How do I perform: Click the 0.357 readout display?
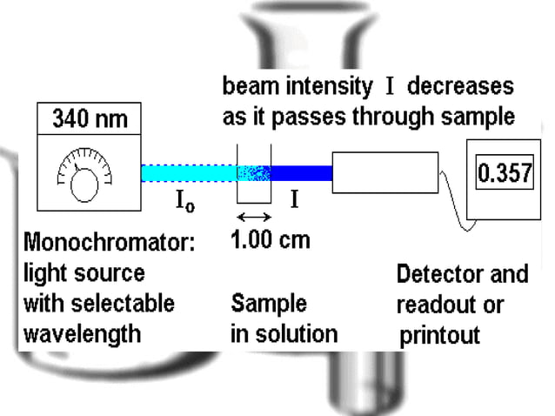point(504,174)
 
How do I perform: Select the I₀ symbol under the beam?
point(185,204)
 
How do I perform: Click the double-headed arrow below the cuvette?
point(253,215)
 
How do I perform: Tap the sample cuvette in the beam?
point(254,174)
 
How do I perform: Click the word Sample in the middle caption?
point(269,303)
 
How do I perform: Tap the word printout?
point(439,335)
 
